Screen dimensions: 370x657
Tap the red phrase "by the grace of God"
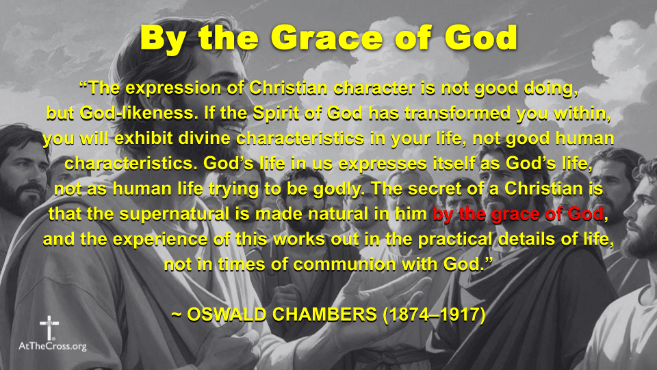coord(519,214)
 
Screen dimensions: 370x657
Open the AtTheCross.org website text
coord(53,347)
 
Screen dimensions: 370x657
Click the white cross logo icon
coord(49,327)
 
